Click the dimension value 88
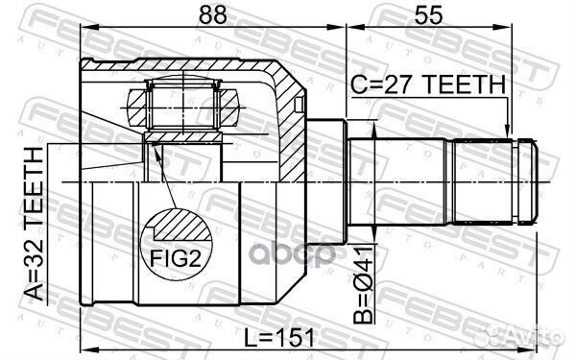click(212, 14)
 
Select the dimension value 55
click(428, 14)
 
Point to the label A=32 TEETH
click(34, 224)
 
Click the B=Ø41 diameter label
click(363, 285)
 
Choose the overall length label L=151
click(279, 337)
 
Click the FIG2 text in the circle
click(176, 258)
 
